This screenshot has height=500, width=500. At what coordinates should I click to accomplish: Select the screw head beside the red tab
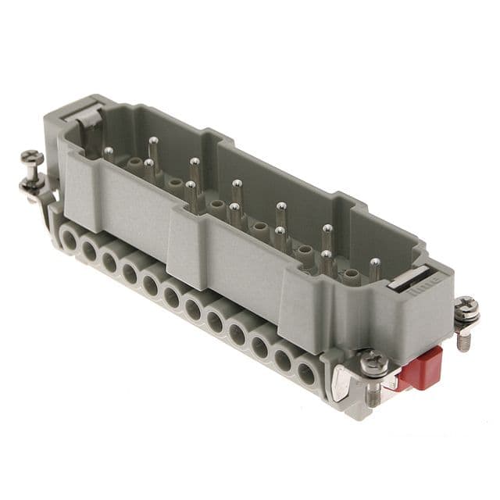[x=374, y=361]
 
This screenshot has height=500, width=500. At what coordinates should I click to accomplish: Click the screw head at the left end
[x=32, y=158]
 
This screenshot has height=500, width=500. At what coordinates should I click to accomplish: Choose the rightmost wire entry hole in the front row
[x=307, y=374]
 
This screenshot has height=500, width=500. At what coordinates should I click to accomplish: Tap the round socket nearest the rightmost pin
[x=352, y=275]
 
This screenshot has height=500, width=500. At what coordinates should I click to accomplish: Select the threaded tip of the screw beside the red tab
[x=374, y=395]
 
